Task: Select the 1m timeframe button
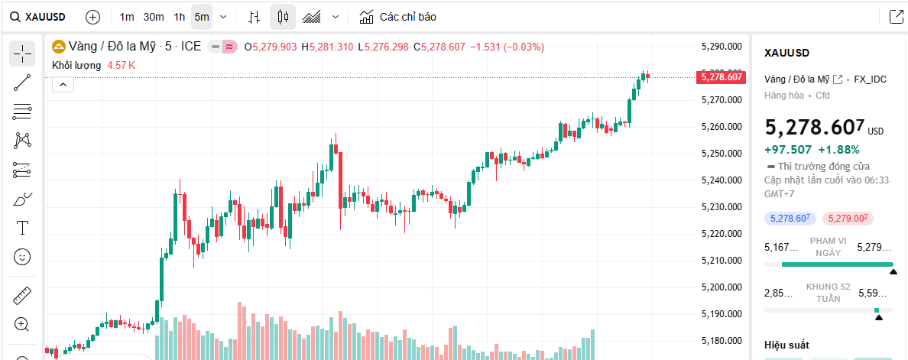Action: click(x=127, y=17)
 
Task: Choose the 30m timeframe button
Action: click(x=153, y=17)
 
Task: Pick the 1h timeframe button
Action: click(x=179, y=17)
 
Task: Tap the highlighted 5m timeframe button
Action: click(x=201, y=17)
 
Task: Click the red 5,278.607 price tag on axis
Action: click(x=722, y=76)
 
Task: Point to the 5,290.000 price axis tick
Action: click(x=722, y=47)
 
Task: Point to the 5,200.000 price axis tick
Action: click(x=722, y=287)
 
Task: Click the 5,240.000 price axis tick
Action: click(x=722, y=180)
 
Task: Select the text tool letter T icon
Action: click(x=22, y=228)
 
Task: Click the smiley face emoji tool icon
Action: click(x=22, y=257)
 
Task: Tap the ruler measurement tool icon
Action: click(x=22, y=295)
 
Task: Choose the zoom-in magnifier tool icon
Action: click(x=22, y=324)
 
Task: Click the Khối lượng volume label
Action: click(x=76, y=66)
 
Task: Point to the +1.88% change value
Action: click(x=838, y=150)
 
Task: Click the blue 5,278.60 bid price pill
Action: click(x=790, y=219)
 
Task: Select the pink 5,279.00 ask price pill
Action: click(x=848, y=219)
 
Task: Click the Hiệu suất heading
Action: click(x=786, y=345)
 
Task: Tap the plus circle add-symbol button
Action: click(x=92, y=17)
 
